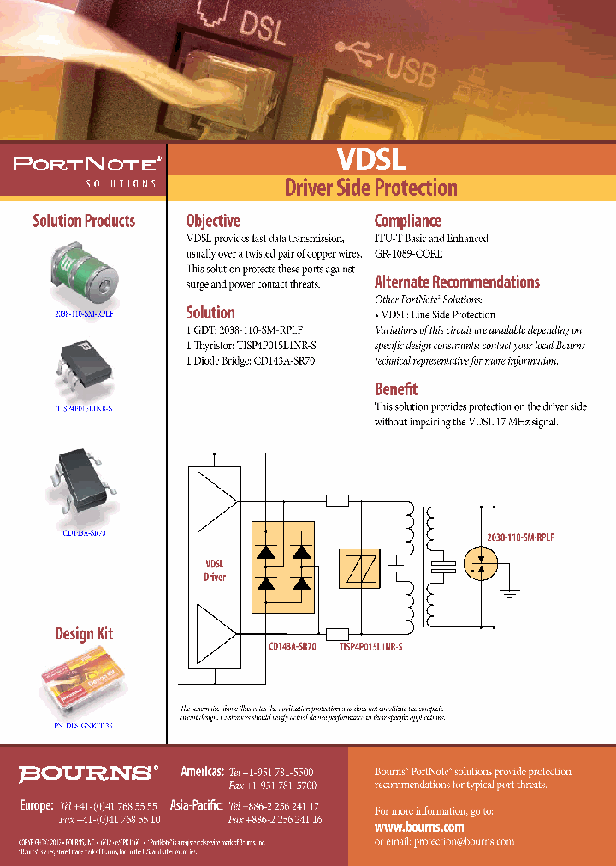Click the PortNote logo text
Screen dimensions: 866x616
[x=84, y=163]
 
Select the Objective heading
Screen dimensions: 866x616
[x=213, y=221]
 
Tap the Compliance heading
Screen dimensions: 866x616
[x=407, y=221]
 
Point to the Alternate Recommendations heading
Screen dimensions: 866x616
[x=457, y=282]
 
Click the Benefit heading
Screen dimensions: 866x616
[x=396, y=389]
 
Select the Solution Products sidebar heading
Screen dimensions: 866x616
[x=84, y=221]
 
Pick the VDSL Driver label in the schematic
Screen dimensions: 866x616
[x=215, y=571]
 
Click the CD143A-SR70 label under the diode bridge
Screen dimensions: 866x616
[x=292, y=648]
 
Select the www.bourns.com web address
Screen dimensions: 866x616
[x=419, y=827]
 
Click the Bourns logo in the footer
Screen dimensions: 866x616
[x=89, y=774]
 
